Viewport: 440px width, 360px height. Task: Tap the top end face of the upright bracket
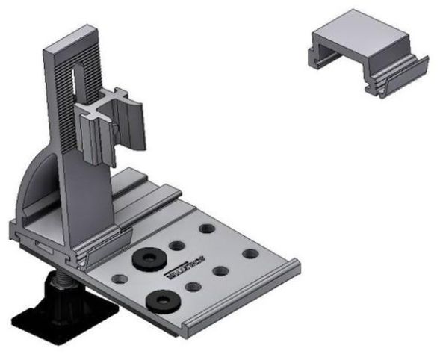(72, 40)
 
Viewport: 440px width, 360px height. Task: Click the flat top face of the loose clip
(362, 37)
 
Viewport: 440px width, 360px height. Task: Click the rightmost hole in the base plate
(250, 253)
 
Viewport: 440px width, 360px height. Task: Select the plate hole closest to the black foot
(117, 278)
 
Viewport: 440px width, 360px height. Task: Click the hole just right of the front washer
(193, 286)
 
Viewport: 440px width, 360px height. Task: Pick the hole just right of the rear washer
(176, 245)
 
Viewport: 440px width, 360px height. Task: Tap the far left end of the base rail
(16, 232)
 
